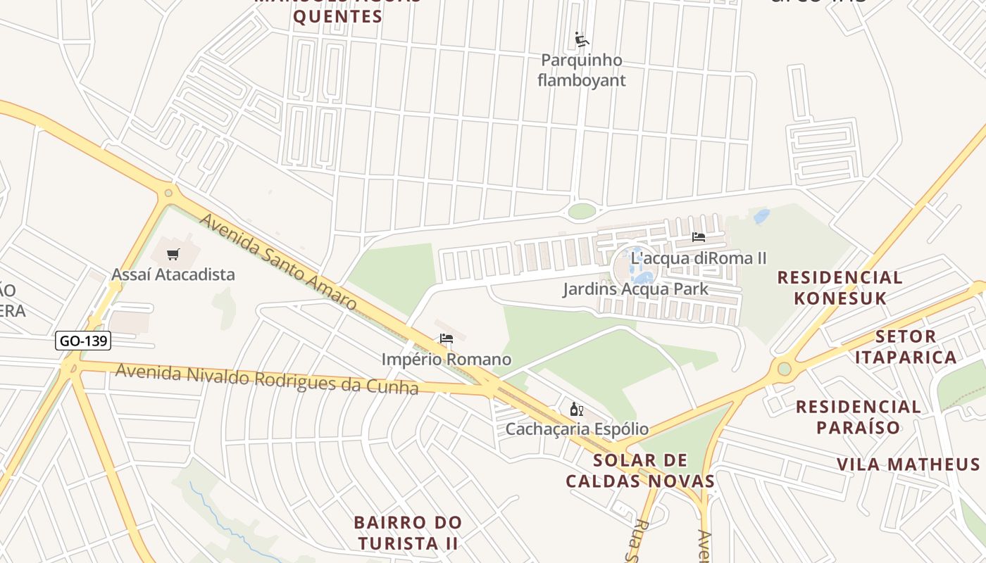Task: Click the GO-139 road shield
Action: (x=83, y=341)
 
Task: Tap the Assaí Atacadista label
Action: (x=173, y=274)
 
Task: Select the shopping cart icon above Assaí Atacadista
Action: (x=173, y=254)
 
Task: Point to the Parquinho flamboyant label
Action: (x=581, y=70)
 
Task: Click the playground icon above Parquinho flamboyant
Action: (x=581, y=40)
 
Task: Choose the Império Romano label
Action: (x=446, y=360)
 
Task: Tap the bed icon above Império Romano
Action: (x=446, y=339)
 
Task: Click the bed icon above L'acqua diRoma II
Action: (x=698, y=237)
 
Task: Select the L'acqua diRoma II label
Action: (x=698, y=258)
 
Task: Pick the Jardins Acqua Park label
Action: (x=635, y=289)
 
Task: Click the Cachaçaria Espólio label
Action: (x=577, y=429)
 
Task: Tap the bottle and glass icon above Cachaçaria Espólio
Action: (x=576, y=409)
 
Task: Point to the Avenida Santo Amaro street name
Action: (x=278, y=262)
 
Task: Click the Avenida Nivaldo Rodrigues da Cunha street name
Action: (x=266, y=379)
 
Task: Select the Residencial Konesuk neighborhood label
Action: (x=840, y=287)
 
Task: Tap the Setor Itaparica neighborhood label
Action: (x=906, y=346)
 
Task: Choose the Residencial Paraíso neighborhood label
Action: (x=858, y=417)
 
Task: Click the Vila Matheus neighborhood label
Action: (x=908, y=464)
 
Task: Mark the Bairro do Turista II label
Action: (x=408, y=533)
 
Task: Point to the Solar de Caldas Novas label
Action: (x=640, y=471)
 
